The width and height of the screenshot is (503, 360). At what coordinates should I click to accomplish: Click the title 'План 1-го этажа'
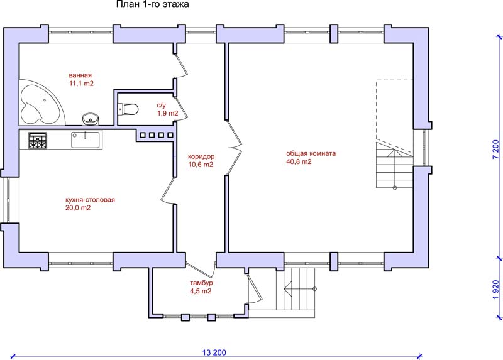coord(152,4)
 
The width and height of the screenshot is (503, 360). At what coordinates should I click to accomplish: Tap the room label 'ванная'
coord(80,75)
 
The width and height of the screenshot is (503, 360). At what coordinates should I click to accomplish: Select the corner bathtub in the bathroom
coord(40,102)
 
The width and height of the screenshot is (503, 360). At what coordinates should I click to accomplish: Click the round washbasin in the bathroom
coord(91,119)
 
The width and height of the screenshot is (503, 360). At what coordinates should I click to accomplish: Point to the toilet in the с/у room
coord(128,109)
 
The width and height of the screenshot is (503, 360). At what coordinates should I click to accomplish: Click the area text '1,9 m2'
coord(167,113)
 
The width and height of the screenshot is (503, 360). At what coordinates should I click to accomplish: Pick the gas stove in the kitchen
coord(38,141)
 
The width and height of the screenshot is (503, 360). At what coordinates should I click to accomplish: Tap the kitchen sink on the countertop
coord(85,139)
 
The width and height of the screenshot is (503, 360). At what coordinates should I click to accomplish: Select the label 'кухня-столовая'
coord(90,200)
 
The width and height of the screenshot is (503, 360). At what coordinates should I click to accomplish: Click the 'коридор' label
coord(201,156)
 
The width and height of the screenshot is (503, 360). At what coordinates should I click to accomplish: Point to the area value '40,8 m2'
coord(299,161)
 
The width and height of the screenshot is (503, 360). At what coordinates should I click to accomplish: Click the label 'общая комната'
coord(311,153)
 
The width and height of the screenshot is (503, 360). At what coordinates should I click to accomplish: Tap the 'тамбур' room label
coord(201,283)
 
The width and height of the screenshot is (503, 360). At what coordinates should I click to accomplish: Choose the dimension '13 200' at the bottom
coord(214,352)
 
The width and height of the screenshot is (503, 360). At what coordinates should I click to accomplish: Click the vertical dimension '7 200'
coord(496,150)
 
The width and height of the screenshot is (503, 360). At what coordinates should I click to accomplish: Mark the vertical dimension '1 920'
coord(496,290)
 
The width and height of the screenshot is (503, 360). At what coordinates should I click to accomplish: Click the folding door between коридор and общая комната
coord(234,148)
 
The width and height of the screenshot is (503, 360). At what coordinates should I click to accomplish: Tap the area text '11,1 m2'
coord(81,84)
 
